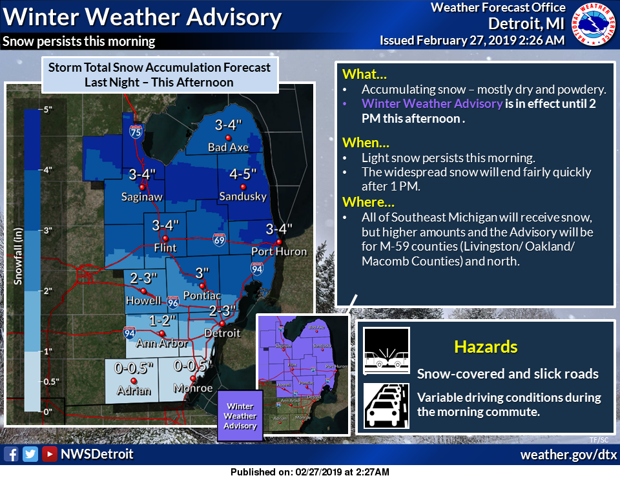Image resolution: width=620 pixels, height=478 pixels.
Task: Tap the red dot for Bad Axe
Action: pyautogui.click(x=227, y=138)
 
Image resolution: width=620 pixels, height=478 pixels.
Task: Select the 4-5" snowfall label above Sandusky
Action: pyautogui.click(x=243, y=174)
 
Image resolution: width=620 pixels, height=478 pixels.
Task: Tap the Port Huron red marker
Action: pyautogui.click(x=279, y=242)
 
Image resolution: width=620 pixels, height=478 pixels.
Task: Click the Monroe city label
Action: pyautogui.click(x=193, y=388)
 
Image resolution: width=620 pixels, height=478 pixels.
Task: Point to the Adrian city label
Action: pyautogui.click(x=134, y=390)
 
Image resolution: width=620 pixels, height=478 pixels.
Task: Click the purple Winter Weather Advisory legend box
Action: pyautogui.click(x=240, y=417)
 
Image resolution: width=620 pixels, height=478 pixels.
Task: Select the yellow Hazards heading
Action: pyautogui.click(x=486, y=347)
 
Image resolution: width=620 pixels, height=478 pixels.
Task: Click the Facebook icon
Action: pyautogui.click(x=11, y=454)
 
